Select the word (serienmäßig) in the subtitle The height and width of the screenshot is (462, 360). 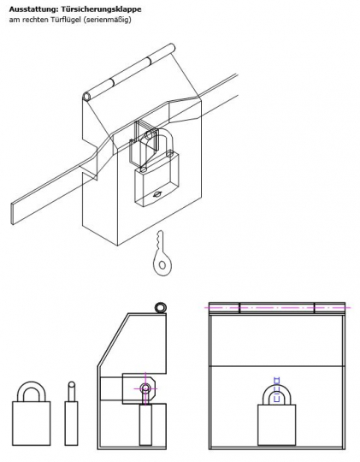[107, 19]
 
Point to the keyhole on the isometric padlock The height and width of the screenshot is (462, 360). [155, 193]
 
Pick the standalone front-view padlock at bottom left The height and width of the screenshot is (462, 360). [31, 414]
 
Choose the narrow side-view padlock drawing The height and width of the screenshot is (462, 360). [72, 414]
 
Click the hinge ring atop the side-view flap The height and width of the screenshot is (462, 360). [160, 307]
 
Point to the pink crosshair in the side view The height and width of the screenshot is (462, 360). [145, 388]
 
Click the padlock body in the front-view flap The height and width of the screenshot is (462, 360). [276, 424]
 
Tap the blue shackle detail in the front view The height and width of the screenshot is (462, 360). [276, 385]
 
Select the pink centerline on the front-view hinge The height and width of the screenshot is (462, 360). [278, 305]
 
